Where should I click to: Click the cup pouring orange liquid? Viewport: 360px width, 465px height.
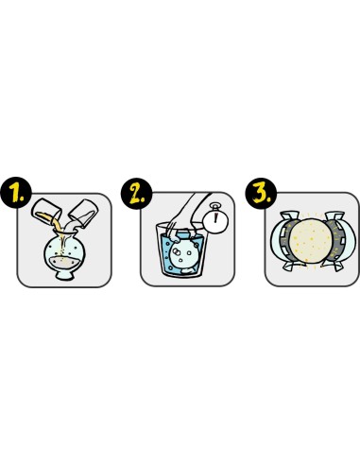click(x=46, y=211)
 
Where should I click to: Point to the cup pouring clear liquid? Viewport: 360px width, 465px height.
click(x=83, y=214)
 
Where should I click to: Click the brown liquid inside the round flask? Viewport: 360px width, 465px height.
click(x=64, y=262)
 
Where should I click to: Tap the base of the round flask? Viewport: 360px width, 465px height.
click(x=65, y=276)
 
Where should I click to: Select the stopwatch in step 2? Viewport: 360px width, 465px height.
click(x=215, y=219)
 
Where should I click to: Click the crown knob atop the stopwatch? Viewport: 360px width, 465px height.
click(x=215, y=207)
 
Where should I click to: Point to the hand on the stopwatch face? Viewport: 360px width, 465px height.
click(x=215, y=218)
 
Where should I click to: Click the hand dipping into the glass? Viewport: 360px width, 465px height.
click(x=186, y=215)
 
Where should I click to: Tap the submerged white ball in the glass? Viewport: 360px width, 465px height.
click(x=182, y=254)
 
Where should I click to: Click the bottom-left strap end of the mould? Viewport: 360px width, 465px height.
click(x=290, y=267)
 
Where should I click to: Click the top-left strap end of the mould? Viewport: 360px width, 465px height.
click(x=289, y=216)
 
